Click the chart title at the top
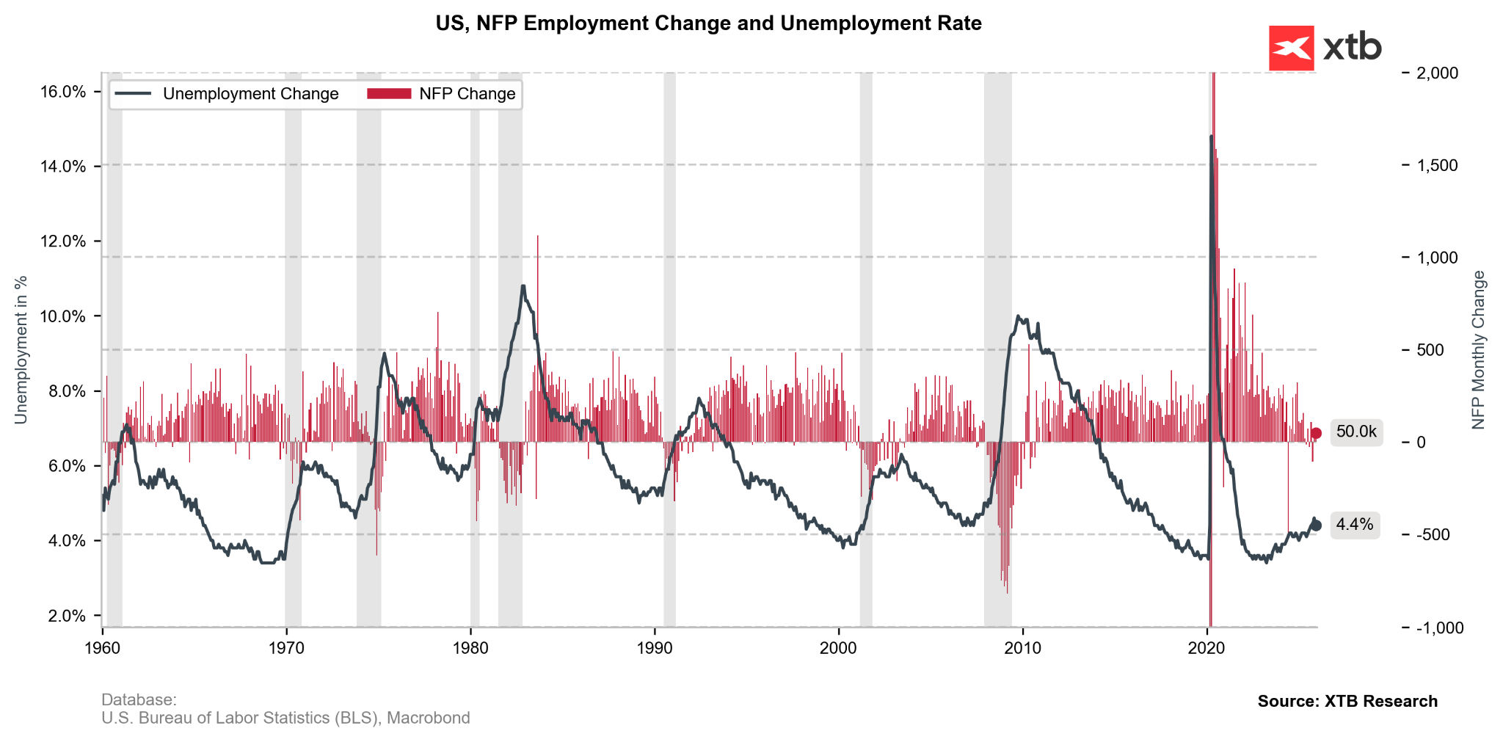coord(708,23)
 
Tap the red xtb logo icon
coord(1291,48)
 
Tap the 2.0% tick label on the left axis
coord(67,616)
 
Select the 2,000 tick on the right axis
coord(1437,73)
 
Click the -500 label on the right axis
coord(1432,534)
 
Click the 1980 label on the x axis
coord(470,648)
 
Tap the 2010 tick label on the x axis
coord(1022,648)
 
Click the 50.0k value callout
coord(1355,432)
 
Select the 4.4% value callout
coord(1354,525)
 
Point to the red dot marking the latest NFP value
coord(1316,433)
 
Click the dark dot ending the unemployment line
coord(1316,525)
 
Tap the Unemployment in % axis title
coord(21,350)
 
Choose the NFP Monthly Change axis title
coord(1478,350)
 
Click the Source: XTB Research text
coord(1347,701)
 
